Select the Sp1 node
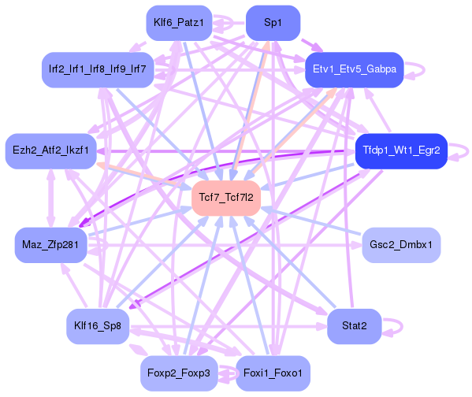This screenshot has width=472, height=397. pyautogui.click(x=273, y=23)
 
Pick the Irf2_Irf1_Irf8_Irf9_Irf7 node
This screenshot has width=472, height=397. pyautogui.click(x=97, y=69)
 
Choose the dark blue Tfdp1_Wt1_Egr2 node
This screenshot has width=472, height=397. pyautogui.click(x=401, y=149)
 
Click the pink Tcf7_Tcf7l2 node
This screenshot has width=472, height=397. pyautogui.click(x=226, y=197)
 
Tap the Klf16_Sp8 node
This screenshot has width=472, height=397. pyautogui.click(x=97, y=325)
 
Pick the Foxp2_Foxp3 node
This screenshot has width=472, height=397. pyautogui.click(x=179, y=371)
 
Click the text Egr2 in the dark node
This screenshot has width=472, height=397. pyautogui.click(x=429, y=149)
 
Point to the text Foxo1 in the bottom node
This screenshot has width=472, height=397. pyautogui.click(x=289, y=371)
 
